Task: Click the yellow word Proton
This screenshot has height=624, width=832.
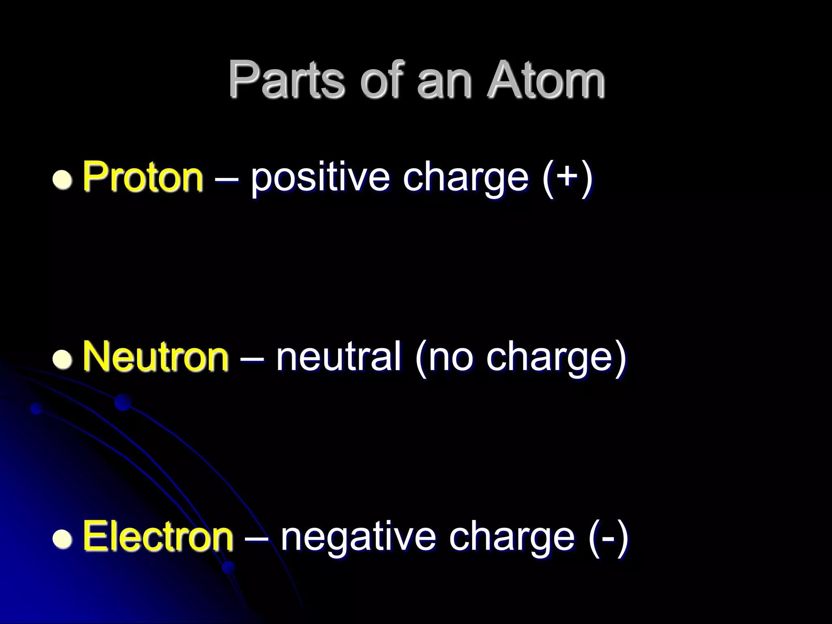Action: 143,177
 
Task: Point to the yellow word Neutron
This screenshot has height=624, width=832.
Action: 155,357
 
